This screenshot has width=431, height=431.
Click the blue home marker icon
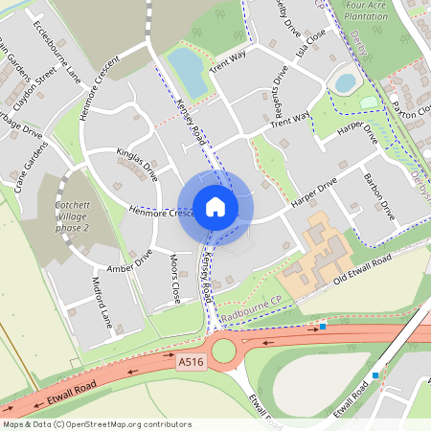click(215, 206)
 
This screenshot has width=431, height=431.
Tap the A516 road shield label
click(191, 362)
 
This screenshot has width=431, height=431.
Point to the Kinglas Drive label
click(137, 162)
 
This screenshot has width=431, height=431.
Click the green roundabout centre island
click(223, 351)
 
